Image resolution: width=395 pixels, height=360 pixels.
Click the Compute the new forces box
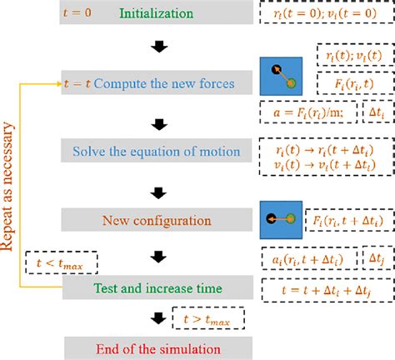pos(158,84)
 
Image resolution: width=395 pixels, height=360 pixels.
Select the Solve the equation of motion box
pos(158,152)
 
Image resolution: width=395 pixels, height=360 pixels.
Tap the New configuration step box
pos(158,220)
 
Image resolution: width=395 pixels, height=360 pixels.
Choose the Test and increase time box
pos(158,288)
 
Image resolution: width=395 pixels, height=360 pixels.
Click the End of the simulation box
pos(158,345)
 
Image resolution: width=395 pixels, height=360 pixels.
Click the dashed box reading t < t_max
pos(62,263)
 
